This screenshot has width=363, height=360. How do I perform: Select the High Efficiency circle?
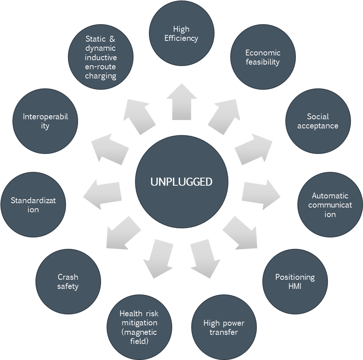point(181,33)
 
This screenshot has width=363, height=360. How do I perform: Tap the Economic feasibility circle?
point(263,57)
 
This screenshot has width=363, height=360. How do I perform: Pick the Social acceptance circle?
point(318,121)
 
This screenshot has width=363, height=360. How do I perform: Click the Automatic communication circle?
point(330,205)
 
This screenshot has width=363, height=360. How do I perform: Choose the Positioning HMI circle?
point(295,281)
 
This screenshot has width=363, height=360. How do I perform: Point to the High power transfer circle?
point(224,327)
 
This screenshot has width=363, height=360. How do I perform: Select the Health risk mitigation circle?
point(139,327)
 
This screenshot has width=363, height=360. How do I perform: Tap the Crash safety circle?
point(68,282)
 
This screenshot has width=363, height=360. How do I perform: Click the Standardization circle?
point(33,205)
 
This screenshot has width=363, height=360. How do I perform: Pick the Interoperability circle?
point(45,121)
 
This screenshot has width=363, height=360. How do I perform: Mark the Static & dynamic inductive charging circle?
point(101,57)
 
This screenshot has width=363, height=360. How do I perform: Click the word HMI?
point(295,286)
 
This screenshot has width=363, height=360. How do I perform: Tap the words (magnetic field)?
point(139,337)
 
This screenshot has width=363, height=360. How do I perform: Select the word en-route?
point(101,67)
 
